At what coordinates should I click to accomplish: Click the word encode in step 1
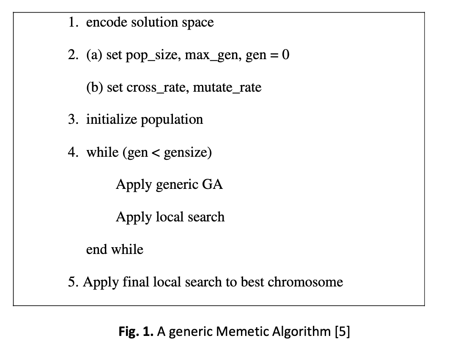(106, 22)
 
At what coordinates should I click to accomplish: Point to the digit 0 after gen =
(285, 55)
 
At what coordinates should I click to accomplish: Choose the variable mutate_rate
(227, 87)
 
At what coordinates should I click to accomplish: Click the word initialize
(111, 119)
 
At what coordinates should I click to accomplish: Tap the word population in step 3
(172, 120)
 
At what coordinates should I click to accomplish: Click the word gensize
(186, 153)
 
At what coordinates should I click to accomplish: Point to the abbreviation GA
(212, 184)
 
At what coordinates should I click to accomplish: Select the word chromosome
(305, 282)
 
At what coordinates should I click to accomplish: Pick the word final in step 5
(135, 282)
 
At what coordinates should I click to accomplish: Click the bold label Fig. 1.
(136, 332)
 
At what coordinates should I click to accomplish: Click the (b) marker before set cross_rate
(95, 87)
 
